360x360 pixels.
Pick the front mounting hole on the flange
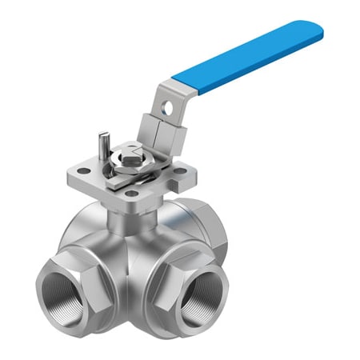[x=130, y=193]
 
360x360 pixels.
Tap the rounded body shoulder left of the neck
[x=84, y=228]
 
